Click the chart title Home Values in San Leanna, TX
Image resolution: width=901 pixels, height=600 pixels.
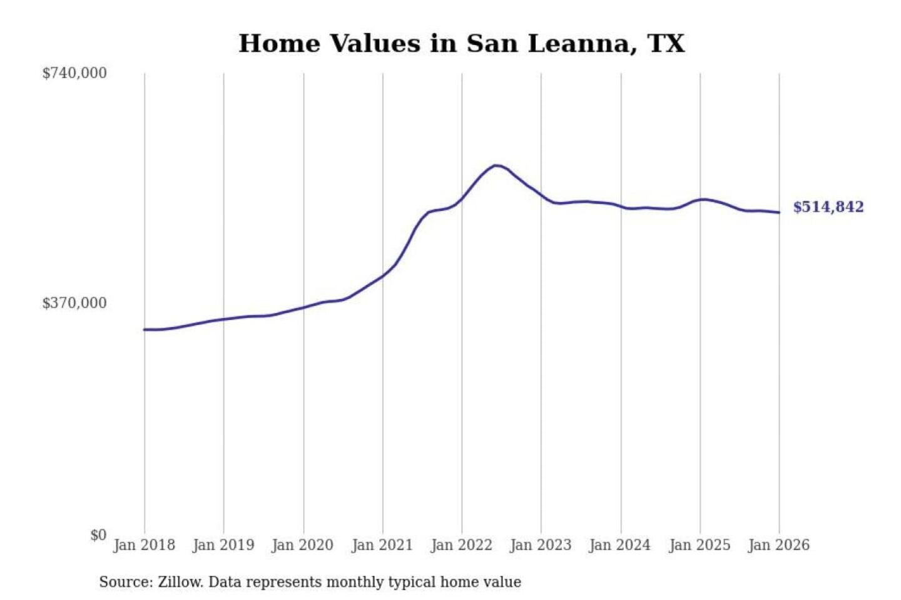(x=462, y=44)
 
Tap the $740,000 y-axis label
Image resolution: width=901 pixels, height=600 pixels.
(x=74, y=73)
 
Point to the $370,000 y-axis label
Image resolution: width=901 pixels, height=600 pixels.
(x=74, y=303)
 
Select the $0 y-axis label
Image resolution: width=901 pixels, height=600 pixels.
(x=98, y=535)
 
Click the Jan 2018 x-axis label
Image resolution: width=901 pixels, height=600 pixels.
(x=144, y=545)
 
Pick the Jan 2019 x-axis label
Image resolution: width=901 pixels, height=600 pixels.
(x=223, y=545)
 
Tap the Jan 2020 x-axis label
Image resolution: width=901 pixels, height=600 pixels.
(x=303, y=545)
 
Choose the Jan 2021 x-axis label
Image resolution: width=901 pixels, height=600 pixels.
(x=382, y=545)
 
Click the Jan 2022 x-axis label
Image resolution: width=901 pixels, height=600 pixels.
(x=462, y=545)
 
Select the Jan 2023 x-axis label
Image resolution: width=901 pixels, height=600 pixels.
(x=541, y=545)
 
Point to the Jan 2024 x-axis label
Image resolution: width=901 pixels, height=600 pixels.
(x=620, y=545)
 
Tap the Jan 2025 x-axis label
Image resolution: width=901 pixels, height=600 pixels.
(x=700, y=545)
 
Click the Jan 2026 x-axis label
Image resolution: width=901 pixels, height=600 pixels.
(x=779, y=545)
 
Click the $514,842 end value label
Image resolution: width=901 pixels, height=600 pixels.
(x=828, y=207)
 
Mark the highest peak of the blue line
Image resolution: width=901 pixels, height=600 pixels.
(x=496, y=166)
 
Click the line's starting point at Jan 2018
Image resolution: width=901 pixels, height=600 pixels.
(x=145, y=329)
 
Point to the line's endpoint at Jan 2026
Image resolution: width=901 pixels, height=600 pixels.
(x=779, y=212)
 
